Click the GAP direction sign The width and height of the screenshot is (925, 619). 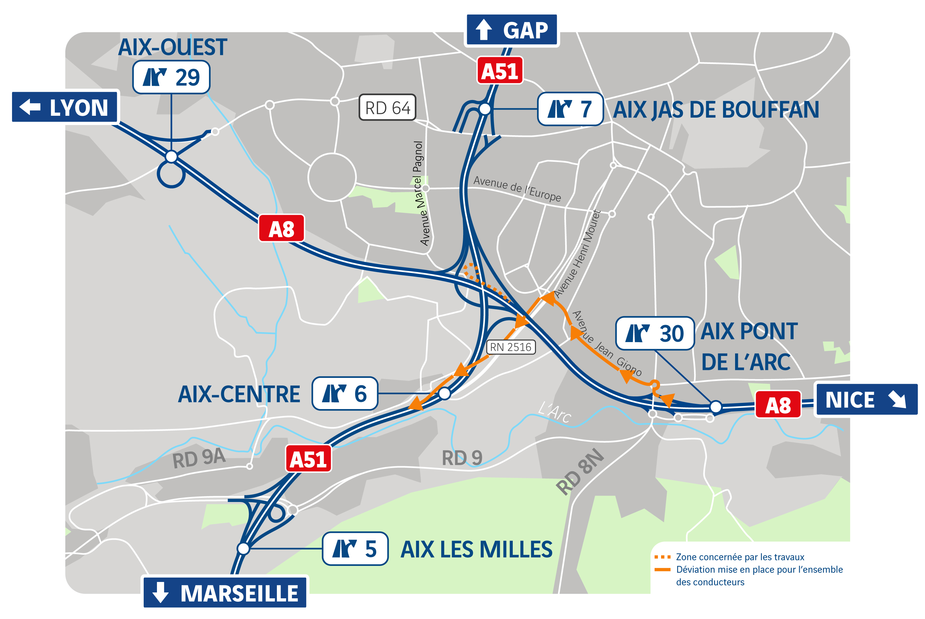(x=512, y=30)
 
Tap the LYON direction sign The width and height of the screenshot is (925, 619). (x=65, y=107)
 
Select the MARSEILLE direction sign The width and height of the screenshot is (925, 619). (x=225, y=592)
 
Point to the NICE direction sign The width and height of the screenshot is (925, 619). (x=866, y=399)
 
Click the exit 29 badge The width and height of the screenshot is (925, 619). (x=171, y=77)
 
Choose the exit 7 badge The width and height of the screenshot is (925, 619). (x=570, y=109)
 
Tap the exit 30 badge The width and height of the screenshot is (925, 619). (x=655, y=333)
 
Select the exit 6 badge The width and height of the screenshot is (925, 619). (x=345, y=394)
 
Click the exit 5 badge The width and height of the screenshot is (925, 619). (x=355, y=549)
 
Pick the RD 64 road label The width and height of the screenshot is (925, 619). (x=387, y=107)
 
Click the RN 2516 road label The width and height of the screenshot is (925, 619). (x=511, y=347)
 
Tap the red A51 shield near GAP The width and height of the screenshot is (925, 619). (x=499, y=71)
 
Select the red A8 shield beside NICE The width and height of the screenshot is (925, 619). (x=778, y=405)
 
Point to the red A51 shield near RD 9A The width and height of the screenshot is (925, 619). (x=308, y=459)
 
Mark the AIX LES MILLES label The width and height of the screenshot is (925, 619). (x=476, y=549)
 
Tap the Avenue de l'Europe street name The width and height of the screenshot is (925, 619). (x=517, y=189)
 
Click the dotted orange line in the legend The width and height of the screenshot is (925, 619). (x=662, y=557)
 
